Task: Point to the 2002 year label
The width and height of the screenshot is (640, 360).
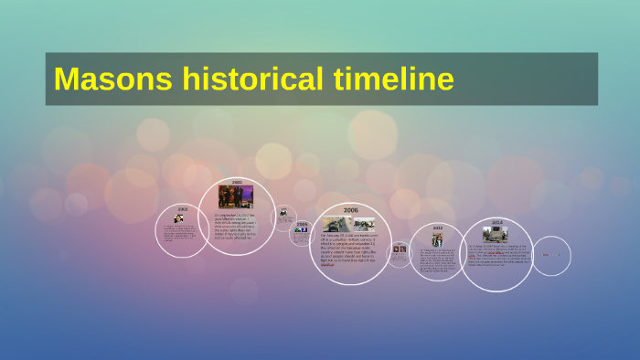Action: (x=183, y=208)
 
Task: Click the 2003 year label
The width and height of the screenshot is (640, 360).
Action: (x=237, y=183)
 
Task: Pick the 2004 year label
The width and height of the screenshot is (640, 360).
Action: (x=302, y=222)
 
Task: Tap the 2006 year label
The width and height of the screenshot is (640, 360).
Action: (x=350, y=210)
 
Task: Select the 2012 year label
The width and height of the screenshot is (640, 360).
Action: (x=438, y=228)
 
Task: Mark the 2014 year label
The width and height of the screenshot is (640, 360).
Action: (x=496, y=222)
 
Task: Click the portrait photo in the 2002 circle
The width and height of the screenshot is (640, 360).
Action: (x=178, y=218)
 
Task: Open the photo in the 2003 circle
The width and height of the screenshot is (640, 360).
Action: (x=236, y=196)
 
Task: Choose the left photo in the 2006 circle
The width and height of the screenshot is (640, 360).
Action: (x=336, y=223)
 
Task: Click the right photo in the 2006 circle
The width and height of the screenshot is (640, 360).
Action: (x=366, y=222)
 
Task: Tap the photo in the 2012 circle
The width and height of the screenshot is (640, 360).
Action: (x=438, y=240)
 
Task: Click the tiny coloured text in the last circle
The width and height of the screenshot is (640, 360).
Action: (x=551, y=255)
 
